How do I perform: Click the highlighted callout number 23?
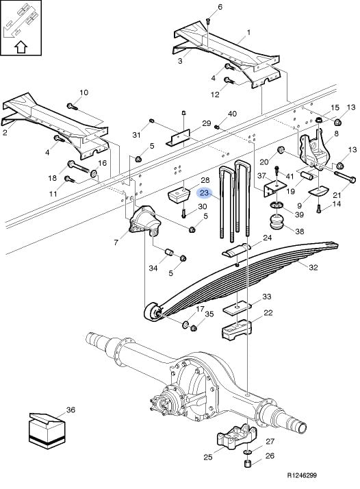click(x=204, y=193)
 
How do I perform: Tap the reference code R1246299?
click(x=302, y=475)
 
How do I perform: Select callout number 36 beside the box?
click(x=70, y=410)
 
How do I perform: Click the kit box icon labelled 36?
click(x=47, y=431)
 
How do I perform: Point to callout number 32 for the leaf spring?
click(x=313, y=267)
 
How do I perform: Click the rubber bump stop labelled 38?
click(x=277, y=221)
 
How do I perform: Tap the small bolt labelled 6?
click(x=209, y=21)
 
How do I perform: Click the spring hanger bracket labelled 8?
click(x=314, y=150)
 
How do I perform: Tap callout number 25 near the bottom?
click(x=208, y=457)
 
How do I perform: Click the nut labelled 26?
click(x=247, y=463)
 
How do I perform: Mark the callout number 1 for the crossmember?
click(x=248, y=32)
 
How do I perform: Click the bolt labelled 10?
click(x=73, y=107)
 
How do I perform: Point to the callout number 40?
click(x=232, y=114)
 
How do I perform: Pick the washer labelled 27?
click(x=247, y=452)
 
